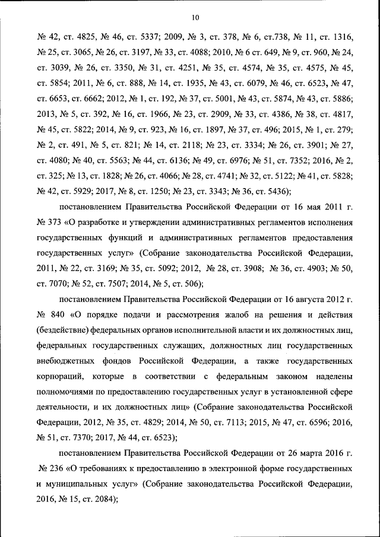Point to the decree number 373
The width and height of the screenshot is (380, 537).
click(x=58, y=223)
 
